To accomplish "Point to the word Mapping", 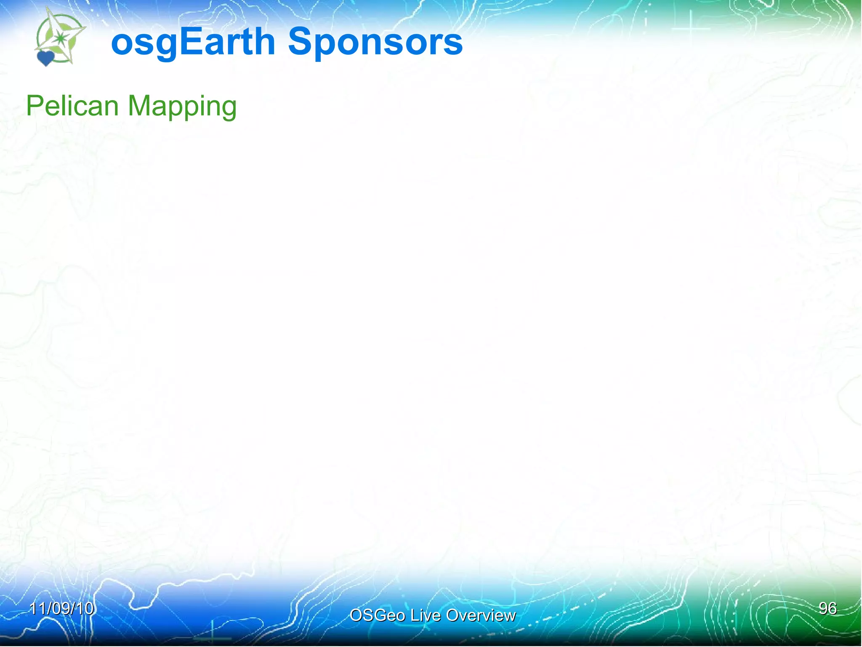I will (182, 106).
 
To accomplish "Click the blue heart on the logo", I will (45, 58).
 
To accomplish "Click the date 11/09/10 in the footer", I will (61, 608).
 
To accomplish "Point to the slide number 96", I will (827, 608).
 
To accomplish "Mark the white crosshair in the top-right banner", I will (691, 29).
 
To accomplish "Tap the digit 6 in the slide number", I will (832, 608).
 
